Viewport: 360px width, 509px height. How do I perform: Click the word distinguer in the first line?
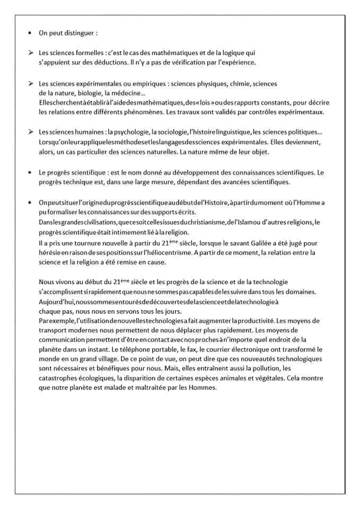point(80,32)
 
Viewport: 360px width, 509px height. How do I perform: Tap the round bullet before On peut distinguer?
point(30,32)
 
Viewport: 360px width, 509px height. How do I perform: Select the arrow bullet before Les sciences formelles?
point(30,53)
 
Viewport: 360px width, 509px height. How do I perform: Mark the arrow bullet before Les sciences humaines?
point(30,132)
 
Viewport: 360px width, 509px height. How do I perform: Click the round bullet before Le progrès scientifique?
point(30,173)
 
